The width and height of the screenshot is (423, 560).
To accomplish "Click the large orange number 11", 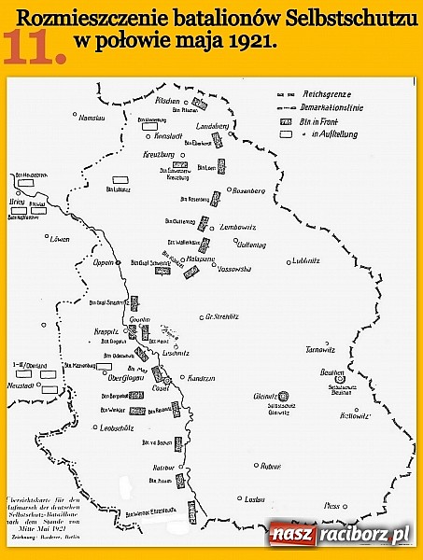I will [x=34, y=48].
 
